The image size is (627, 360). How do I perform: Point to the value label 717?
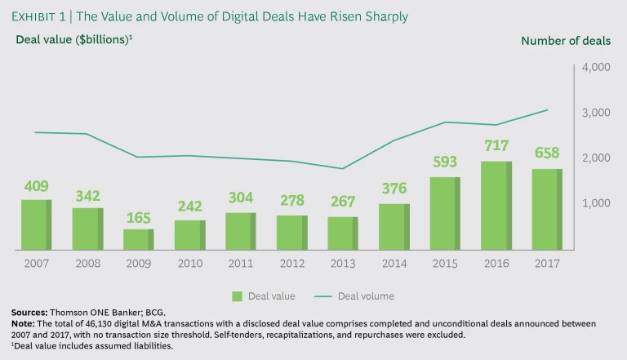tap(496, 146)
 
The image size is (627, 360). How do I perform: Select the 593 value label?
tap(445, 162)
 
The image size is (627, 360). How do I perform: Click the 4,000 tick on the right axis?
tap(595, 68)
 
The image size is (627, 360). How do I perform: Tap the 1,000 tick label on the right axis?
tap(595, 202)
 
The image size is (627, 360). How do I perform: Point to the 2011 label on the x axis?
tap(241, 264)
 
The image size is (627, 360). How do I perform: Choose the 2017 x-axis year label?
tap(546, 264)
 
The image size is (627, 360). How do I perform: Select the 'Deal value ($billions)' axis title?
tap(72, 40)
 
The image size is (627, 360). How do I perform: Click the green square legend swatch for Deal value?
tap(238, 296)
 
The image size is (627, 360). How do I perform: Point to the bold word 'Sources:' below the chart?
tap(29, 313)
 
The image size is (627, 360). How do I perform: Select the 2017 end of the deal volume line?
tap(548, 109)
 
